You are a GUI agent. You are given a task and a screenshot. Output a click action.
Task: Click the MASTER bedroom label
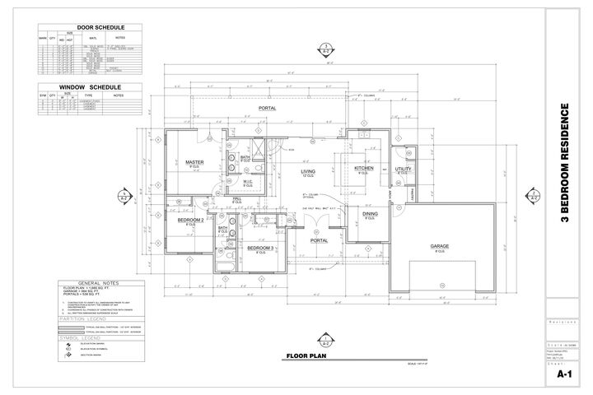[194, 161]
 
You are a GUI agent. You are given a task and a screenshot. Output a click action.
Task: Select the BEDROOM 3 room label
[260, 248]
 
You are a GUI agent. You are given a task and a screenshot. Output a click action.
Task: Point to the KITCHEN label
[364, 168]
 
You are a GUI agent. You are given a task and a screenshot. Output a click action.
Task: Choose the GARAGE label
[437, 246]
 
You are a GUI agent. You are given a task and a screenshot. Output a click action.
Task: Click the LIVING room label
[307, 170]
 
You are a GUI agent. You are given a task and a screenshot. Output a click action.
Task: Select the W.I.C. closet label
[259, 183]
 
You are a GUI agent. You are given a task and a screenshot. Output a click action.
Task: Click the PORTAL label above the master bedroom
[268, 108]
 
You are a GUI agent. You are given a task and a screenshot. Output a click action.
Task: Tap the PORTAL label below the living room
[319, 240]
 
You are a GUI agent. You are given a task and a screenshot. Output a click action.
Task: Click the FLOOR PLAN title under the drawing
[306, 356]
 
